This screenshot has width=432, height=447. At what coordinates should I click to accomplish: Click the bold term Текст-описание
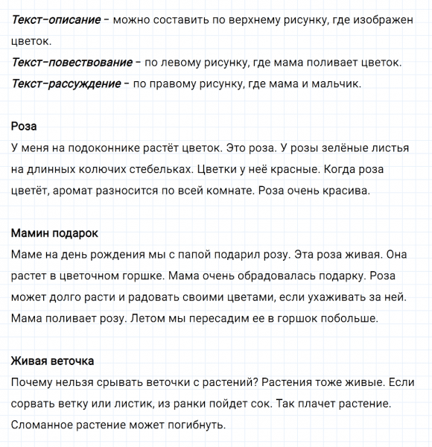point(57,18)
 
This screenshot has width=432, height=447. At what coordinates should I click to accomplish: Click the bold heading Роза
point(25,126)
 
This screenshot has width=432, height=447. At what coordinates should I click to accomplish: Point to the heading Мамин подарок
point(54,233)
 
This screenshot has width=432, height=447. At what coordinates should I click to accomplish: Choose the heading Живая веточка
point(52,361)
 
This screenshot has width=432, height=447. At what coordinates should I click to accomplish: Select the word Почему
point(34,383)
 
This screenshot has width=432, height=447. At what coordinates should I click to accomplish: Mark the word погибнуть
point(190,426)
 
